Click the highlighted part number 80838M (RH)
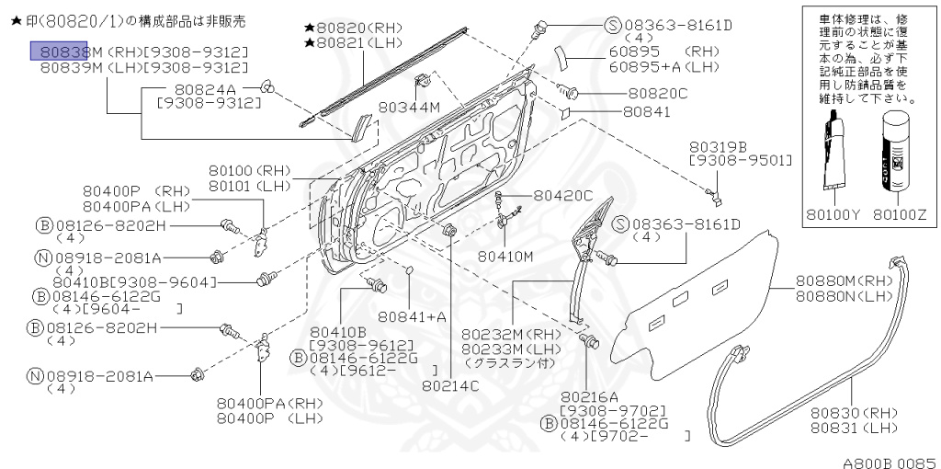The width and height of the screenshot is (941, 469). click(x=61, y=51)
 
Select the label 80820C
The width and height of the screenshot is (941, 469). click(x=658, y=94)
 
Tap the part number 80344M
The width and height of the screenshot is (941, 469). click(x=409, y=108)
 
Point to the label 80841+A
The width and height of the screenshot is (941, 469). click(x=412, y=316)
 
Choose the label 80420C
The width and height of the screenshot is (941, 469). click(x=563, y=195)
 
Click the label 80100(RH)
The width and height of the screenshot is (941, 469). click(x=248, y=171)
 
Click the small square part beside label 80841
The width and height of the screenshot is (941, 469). click(x=568, y=113)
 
